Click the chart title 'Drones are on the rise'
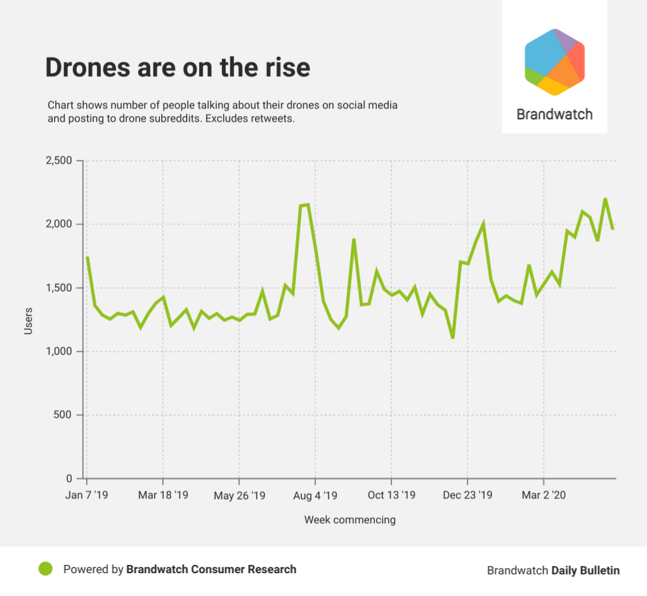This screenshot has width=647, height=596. point(178,68)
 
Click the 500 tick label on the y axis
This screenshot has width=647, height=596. point(67,415)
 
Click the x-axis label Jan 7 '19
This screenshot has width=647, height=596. point(87,495)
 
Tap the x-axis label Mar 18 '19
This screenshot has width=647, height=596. point(163,495)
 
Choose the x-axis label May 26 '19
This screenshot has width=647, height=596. point(239,495)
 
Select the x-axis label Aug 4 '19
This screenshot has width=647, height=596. point(315,495)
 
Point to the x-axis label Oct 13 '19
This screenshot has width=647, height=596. point(391,495)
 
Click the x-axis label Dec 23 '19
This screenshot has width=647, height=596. point(467,495)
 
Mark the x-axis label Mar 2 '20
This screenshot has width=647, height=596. point(544,495)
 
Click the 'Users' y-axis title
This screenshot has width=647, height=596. point(29,321)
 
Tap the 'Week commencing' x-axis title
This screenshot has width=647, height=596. point(350,520)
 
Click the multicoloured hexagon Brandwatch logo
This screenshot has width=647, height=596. point(554,62)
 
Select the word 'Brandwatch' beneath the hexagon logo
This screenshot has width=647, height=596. point(554,115)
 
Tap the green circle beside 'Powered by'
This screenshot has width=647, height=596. point(45,569)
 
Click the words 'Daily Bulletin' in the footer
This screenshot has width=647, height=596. point(585,570)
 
